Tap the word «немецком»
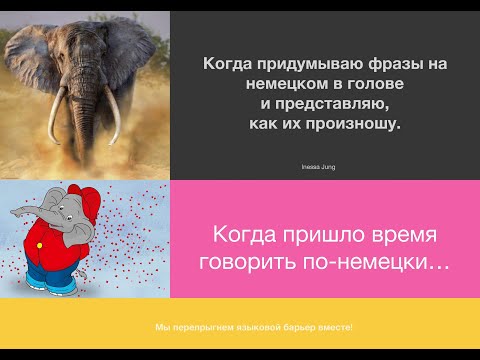pyautogui.click(x=283, y=84)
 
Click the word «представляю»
pyautogui.click(x=329, y=103)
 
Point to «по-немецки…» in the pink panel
pyautogui.click(x=382, y=263)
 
